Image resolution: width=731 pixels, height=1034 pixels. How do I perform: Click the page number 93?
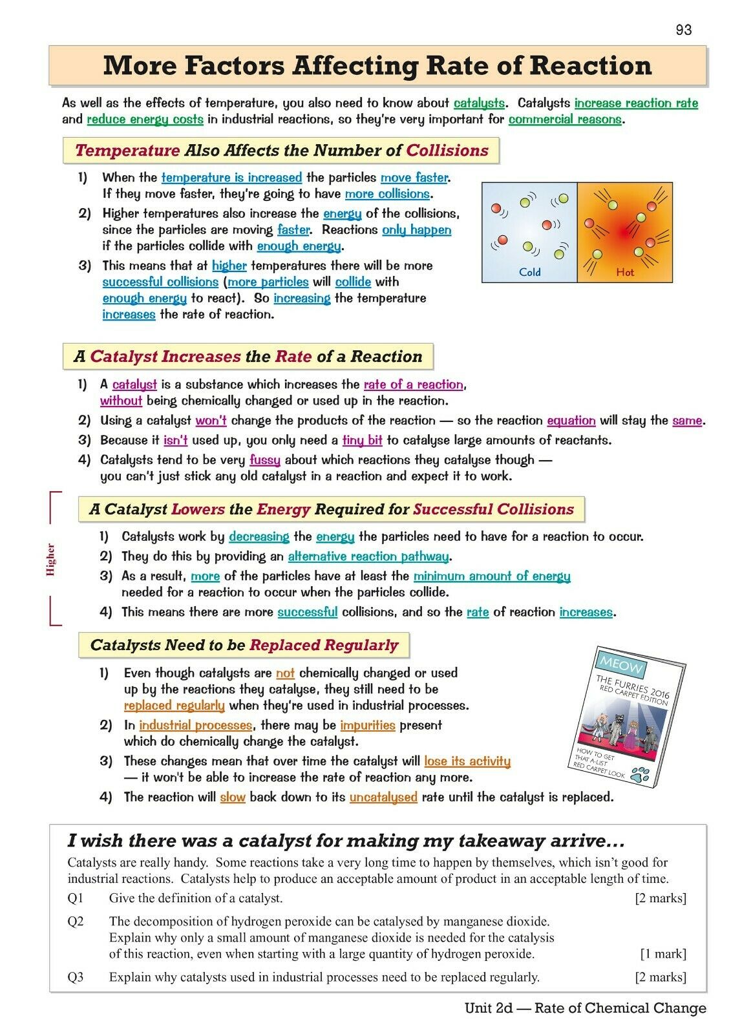[x=683, y=30]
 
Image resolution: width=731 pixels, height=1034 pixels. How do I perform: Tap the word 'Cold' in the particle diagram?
[x=529, y=272]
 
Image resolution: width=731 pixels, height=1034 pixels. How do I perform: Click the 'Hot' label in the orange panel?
[x=624, y=272]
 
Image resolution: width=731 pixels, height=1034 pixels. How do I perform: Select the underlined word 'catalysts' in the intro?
[x=479, y=103]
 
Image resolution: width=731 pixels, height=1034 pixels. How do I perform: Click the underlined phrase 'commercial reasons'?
[x=565, y=120]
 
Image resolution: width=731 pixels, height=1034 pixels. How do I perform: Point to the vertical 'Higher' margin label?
[x=51, y=559]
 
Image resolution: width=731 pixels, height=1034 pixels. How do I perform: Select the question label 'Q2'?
[x=76, y=921]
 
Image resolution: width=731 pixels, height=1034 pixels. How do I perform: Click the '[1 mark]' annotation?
[x=663, y=954]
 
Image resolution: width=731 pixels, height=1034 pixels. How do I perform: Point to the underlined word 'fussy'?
[x=265, y=460]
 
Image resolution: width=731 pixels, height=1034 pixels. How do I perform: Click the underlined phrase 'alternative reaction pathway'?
[x=368, y=556]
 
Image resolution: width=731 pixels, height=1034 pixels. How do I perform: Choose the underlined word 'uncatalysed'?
[x=383, y=797]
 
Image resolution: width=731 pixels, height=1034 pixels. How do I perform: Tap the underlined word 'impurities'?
[x=367, y=725]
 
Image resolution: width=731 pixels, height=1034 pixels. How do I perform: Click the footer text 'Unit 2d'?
[x=487, y=1008]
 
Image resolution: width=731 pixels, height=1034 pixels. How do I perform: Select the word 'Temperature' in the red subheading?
[x=127, y=151]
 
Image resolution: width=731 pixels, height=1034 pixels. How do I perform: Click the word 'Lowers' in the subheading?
[x=198, y=509]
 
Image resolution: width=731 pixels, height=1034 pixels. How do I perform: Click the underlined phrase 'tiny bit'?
[x=362, y=441]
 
